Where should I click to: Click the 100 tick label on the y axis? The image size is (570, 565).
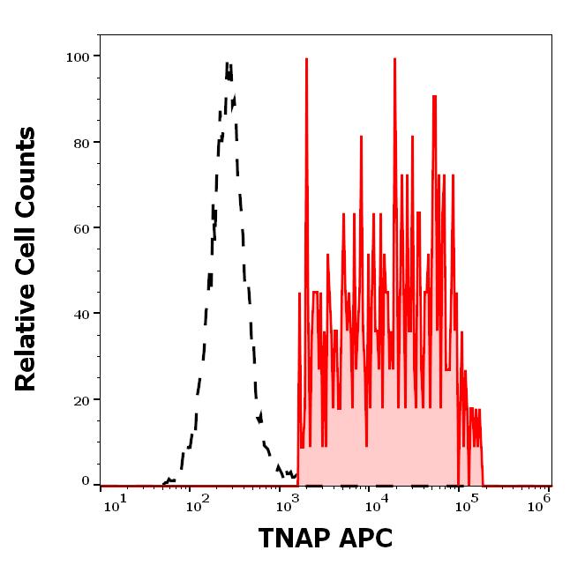click(x=78, y=57)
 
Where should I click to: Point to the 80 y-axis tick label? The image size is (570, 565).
click(x=81, y=143)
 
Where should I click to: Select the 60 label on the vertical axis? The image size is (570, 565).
click(x=81, y=228)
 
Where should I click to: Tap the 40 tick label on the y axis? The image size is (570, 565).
click(x=81, y=314)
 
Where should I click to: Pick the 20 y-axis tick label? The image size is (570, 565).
click(x=81, y=400)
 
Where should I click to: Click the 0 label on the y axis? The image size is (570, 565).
click(x=86, y=482)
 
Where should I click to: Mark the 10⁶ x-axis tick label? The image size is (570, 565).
click(x=541, y=501)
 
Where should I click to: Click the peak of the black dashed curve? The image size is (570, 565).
click(x=227, y=63)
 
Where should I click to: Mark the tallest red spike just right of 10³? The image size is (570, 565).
click(x=306, y=59)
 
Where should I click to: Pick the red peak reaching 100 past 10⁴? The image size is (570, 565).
click(x=394, y=59)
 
